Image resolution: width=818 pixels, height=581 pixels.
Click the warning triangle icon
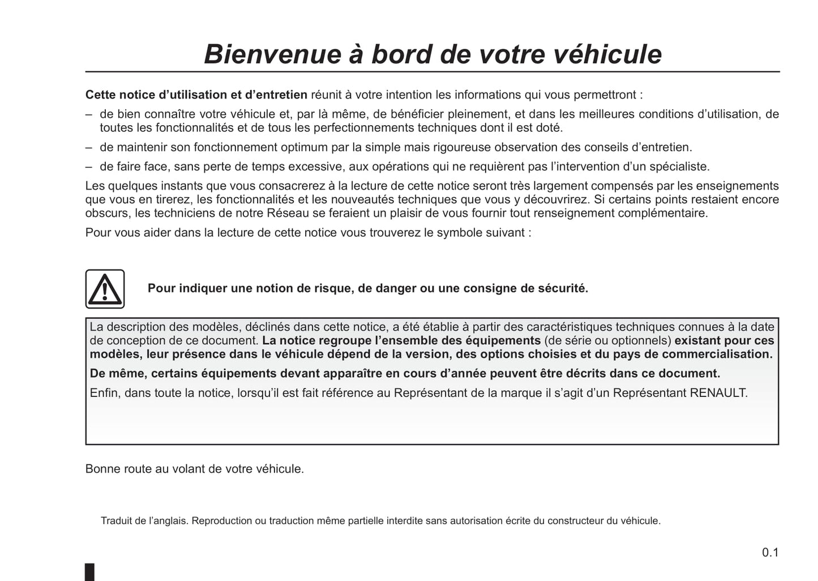click(x=105, y=289)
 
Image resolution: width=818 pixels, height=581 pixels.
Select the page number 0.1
click(x=770, y=552)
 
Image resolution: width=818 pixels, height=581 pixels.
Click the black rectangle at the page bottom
click(x=90, y=571)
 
